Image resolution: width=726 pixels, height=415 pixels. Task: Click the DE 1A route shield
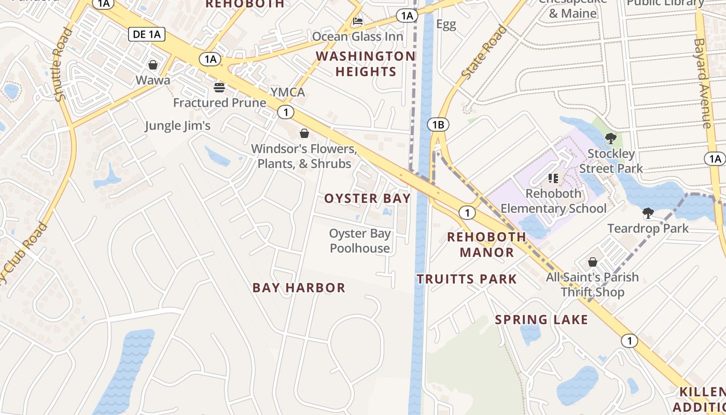coord(147,35)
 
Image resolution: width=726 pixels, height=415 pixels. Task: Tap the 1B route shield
coord(438,125)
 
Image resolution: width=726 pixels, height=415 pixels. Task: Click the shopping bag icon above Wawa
coord(153,65)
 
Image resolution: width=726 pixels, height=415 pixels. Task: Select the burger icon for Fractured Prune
coord(219,87)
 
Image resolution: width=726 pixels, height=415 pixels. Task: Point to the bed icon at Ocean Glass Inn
coord(358,21)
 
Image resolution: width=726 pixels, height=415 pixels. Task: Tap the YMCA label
coord(288,92)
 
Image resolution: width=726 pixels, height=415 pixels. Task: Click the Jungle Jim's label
coord(177,126)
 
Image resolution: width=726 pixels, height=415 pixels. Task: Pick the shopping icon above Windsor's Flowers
coord(304,133)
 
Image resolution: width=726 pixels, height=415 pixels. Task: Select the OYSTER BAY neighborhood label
coord(367,198)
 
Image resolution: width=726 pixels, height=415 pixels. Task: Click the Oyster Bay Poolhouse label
coord(360,241)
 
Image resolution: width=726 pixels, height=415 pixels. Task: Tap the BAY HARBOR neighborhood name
coord(299,288)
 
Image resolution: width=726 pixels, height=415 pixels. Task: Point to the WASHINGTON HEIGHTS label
coord(366,64)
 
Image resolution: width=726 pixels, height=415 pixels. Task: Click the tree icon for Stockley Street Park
coord(611,139)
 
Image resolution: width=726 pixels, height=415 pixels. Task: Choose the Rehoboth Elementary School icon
coord(553,178)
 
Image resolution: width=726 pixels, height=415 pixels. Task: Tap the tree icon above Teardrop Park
coord(648,213)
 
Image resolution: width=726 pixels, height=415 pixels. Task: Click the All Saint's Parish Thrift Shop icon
coord(592,262)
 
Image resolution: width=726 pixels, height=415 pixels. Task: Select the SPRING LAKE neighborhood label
coord(541,320)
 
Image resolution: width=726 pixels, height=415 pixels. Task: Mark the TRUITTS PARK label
coord(467,279)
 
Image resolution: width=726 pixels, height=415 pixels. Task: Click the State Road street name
coord(483,52)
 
